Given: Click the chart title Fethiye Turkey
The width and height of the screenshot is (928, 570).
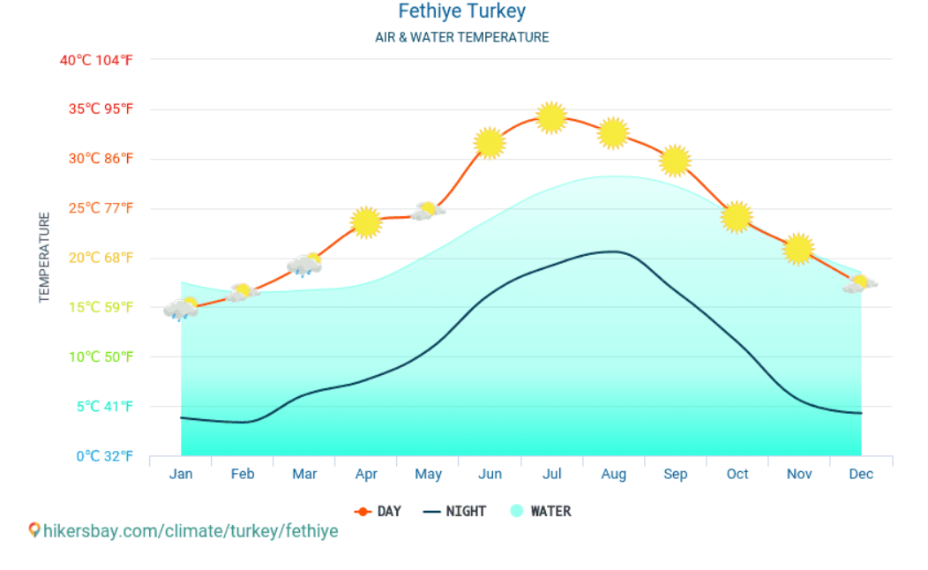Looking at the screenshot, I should (x=461, y=11).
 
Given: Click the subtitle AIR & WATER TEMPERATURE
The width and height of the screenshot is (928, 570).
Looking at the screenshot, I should (x=461, y=38).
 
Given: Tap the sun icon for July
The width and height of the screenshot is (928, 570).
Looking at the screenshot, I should (x=551, y=117).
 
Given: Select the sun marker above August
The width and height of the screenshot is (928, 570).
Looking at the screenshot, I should (x=613, y=133).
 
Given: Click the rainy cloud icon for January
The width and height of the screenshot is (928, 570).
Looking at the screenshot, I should (x=181, y=309).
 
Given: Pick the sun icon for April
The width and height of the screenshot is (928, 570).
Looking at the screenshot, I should (x=366, y=222).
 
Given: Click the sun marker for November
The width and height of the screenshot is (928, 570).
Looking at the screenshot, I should (x=798, y=249).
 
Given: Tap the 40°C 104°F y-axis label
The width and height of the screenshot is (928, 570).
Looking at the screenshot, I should (x=96, y=60).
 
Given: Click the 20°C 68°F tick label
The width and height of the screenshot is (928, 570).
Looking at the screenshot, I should (x=96, y=258).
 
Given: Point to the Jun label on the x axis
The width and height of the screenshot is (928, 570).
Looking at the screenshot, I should (x=490, y=475).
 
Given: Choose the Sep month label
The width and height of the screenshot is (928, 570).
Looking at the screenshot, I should (x=675, y=475).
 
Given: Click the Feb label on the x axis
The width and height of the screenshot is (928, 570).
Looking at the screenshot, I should (x=243, y=475).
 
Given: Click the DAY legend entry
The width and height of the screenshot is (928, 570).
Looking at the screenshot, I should (x=378, y=511).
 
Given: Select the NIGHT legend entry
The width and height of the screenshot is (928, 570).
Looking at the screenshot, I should (x=455, y=511).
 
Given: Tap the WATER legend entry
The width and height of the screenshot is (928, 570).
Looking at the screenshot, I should (x=541, y=511).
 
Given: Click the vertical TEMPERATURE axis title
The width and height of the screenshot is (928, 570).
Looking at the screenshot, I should (x=44, y=258).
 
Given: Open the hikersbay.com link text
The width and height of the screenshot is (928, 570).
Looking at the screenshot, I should (x=191, y=531).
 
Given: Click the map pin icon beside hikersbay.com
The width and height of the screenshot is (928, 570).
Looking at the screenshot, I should (x=34, y=530).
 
